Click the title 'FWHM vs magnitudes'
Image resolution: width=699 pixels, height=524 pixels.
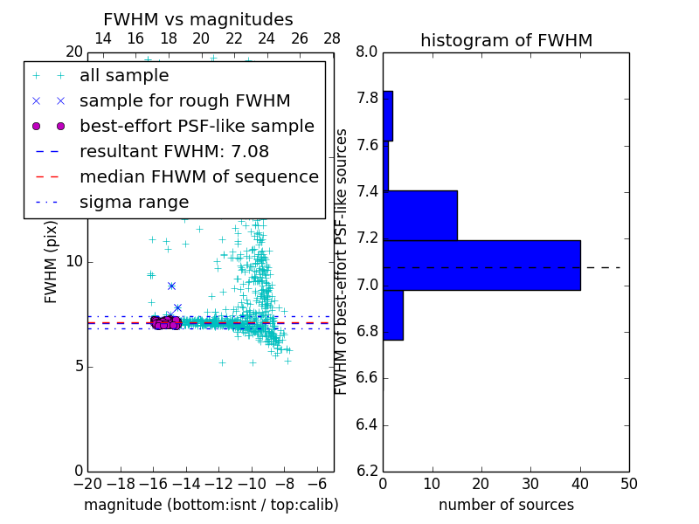coord(198,20)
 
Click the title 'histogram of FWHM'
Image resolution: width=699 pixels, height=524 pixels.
coord(506,40)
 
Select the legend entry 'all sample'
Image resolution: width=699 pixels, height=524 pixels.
coord(124,76)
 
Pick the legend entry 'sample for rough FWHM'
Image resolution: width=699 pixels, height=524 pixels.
coord(184,101)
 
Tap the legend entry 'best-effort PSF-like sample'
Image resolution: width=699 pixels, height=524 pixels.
coord(197,127)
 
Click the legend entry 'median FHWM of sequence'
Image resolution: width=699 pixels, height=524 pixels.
coord(198,177)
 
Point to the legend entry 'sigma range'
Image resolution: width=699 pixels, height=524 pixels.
coord(134,203)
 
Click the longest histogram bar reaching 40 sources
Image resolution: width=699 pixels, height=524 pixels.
coord(481,265)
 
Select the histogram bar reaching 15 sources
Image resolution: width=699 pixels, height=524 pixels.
coord(420,216)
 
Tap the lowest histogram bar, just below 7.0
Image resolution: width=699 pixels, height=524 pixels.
coord(393,315)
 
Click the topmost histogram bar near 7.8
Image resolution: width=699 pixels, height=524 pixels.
coord(388,116)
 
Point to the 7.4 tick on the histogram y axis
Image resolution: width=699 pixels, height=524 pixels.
coord(366,191)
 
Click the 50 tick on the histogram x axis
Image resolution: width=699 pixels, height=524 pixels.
coord(628,484)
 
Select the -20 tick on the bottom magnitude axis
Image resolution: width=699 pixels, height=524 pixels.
coord(87,484)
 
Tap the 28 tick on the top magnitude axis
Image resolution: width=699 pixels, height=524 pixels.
coord(333,38)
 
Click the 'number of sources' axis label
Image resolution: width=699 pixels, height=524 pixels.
coord(506,505)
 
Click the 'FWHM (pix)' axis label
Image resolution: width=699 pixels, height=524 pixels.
coord(52,262)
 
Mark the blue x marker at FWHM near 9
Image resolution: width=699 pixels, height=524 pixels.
coord(171,286)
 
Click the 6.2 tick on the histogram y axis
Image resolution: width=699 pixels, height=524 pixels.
coord(366,472)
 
